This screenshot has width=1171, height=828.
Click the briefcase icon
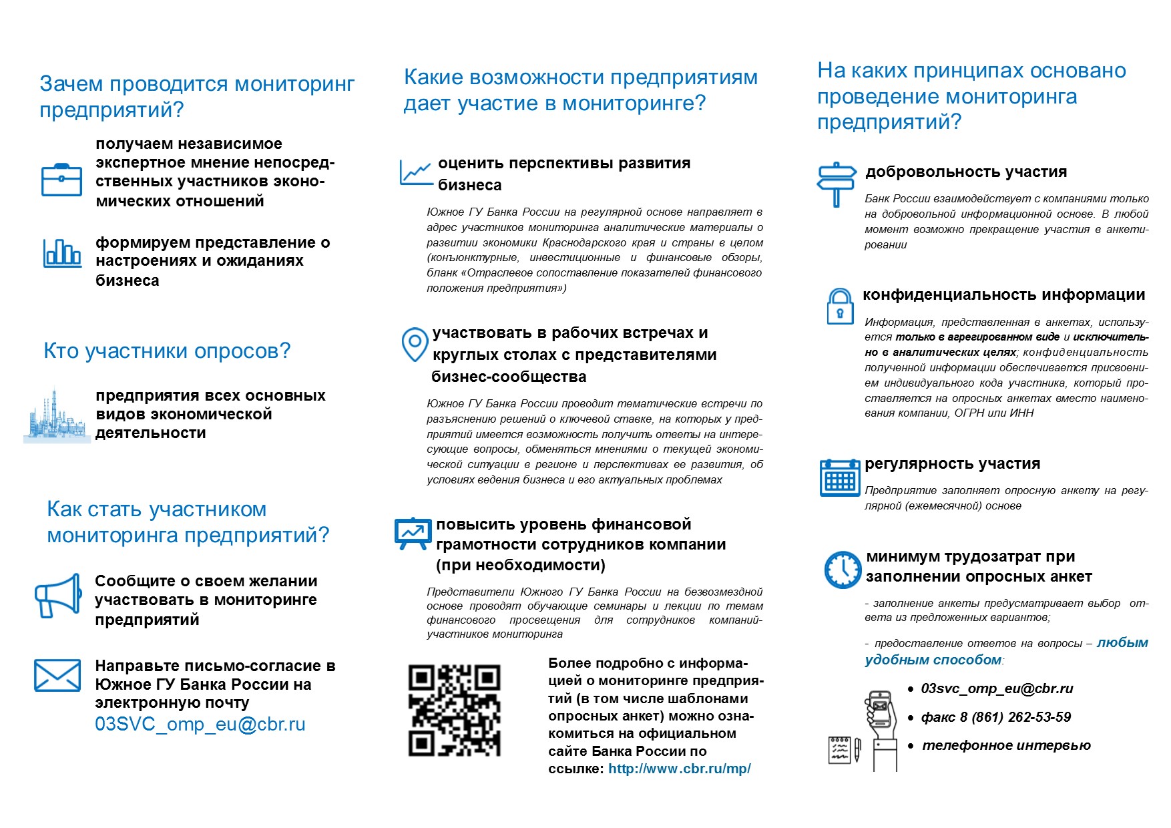(x=61, y=180)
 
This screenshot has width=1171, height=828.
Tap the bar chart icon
(x=62, y=253)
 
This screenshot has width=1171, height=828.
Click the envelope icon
(x=57, y=675)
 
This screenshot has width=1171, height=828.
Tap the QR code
(x=454, y=710)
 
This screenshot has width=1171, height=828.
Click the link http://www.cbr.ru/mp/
(x=679, y=769)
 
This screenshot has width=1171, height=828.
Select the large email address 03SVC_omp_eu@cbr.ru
(x=200, y=724)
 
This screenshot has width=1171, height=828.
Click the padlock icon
(x=840, y=306)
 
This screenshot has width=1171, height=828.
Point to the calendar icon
(x=840, y=477)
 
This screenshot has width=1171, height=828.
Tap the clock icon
(x=843, y=570)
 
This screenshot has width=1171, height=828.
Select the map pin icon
(x=415, y=344)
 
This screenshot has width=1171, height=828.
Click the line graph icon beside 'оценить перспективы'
(x=415, y=172)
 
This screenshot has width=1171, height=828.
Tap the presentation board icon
(x=411, y=533)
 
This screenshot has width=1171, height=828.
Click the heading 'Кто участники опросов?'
(x=167, y=351)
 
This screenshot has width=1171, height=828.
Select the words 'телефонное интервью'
(x=1006, y=745)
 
